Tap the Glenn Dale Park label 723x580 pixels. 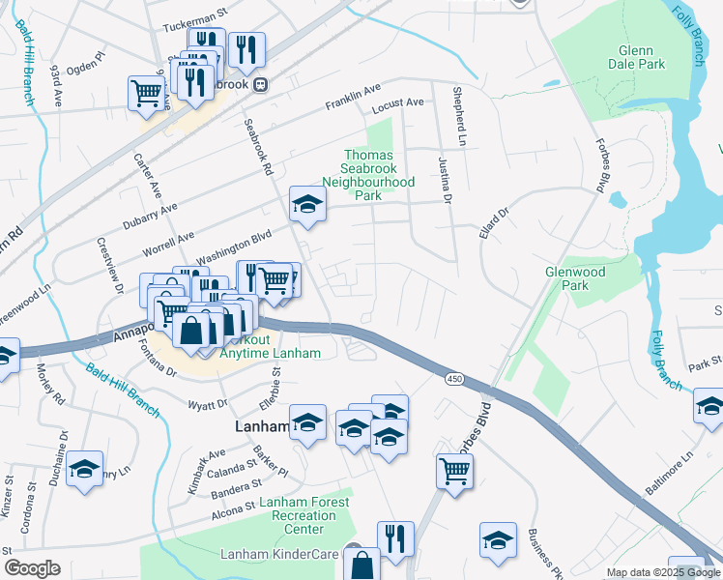[642, 57]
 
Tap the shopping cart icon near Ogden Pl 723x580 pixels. [146, 93]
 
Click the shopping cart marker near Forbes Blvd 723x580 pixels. [454, 471]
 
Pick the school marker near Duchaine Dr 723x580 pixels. [85, 470]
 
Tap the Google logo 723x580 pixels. [33, 568]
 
